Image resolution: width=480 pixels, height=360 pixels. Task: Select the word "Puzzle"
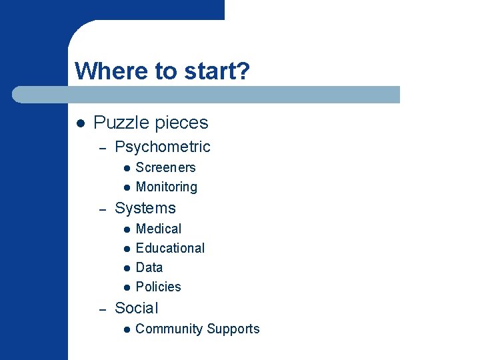tap(121, 123)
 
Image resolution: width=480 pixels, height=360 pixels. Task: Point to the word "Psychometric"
tap(162, 147)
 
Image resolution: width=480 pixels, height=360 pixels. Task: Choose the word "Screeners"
tap(165, 167)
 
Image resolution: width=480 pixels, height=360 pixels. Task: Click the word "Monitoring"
tap(166, 187)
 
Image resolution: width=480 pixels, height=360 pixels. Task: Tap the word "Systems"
tap(145, 208)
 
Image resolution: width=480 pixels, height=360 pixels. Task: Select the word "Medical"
tap(158, 229)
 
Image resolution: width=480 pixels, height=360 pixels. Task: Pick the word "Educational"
tap(170, 248)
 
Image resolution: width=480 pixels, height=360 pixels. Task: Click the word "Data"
tap(149, 267)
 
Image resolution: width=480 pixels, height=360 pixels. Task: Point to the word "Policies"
tap(158, 287)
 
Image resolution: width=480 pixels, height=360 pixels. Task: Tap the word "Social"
tap(136, 308)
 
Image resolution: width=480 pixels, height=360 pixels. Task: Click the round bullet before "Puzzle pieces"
tap(79, 123)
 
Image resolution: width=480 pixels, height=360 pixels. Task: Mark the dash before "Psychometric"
tap(103, 148)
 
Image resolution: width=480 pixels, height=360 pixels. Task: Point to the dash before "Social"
tap(103, 309)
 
